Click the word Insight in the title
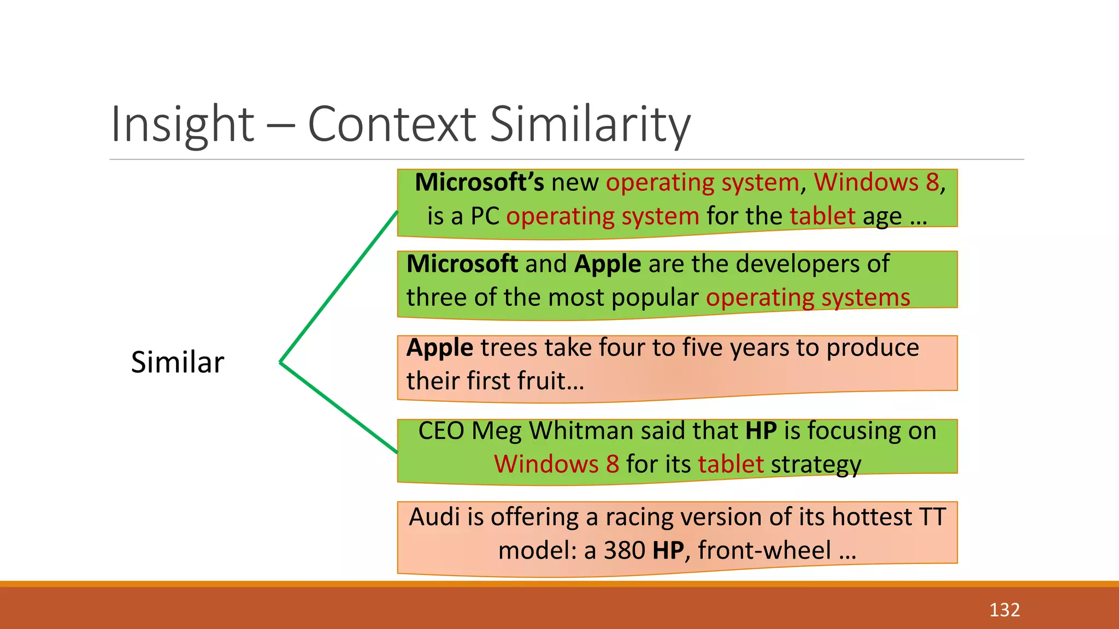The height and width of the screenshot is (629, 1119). [x=182, y=124]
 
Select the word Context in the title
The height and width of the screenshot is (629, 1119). [x=392, y=124]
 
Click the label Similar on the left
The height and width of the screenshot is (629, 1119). [x=178, y=362]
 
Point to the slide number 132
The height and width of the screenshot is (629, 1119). [x=1004, y=610]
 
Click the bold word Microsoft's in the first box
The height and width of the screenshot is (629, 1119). [x=479, y=182]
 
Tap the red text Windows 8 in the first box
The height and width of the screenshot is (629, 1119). [x=876, y=182]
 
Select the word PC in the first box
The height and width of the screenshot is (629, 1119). [x=485, y=216]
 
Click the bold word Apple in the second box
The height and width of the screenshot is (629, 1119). [x=608, y=264]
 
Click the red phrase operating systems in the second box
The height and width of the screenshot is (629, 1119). [x=808, y=298]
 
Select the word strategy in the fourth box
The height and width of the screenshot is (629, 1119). [x=816, y=465]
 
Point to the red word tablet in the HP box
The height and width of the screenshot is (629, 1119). [x=731, y=465]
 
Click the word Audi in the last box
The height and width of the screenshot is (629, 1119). [x=434, y=517]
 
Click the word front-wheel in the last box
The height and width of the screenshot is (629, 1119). [x=764, y=550]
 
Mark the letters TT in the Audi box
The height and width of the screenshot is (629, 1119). [x=932, y=517]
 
